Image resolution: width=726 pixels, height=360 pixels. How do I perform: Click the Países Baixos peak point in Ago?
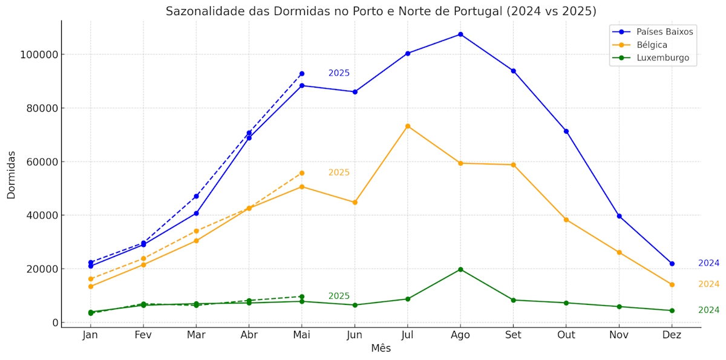460,34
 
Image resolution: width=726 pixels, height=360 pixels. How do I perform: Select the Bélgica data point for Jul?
408,126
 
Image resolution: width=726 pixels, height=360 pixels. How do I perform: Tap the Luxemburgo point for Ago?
460,269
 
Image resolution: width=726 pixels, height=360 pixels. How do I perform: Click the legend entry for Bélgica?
652,45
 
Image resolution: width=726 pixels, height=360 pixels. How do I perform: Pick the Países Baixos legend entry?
664,31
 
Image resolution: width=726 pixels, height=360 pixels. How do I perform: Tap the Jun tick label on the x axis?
355,335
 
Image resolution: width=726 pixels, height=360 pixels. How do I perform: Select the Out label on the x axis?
566,335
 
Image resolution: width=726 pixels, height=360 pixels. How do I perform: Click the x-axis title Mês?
381,349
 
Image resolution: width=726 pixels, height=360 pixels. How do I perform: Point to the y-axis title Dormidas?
11,175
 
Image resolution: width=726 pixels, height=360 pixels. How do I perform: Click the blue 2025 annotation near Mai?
339,73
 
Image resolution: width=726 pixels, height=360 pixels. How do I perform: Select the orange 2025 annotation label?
339,172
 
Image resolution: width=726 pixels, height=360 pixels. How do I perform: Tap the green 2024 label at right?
708,310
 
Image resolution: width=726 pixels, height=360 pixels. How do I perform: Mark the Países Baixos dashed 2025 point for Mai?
301,74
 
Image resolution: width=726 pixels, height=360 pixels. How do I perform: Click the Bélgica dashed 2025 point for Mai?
301,173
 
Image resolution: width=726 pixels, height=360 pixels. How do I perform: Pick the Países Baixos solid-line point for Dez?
672,264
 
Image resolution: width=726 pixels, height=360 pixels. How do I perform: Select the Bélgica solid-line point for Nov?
619,252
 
